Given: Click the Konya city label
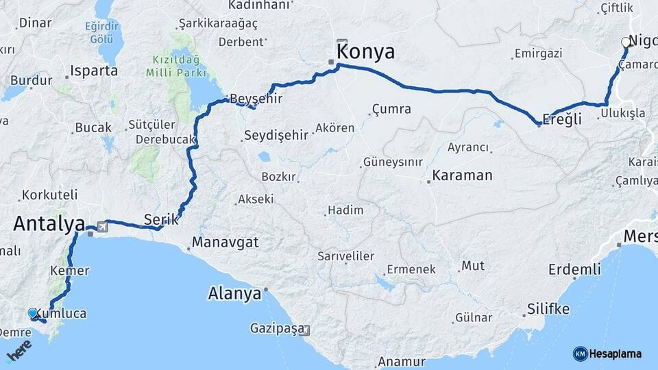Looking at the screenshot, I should [365, 52].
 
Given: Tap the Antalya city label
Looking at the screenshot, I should [49, 223].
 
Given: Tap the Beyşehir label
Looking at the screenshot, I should [256, 98].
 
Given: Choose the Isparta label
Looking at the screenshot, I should [95, 71].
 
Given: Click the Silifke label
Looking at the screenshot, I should [548, 309].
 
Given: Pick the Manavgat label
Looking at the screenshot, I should [226, 242].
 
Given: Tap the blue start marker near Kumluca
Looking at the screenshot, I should [32, 313].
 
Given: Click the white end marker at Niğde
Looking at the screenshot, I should [625, 42].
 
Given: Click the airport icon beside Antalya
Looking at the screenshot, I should [103, 225].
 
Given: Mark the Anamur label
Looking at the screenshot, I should [402, 361].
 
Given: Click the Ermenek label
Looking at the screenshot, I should [411, 269].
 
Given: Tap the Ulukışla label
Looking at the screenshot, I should [622, 114].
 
